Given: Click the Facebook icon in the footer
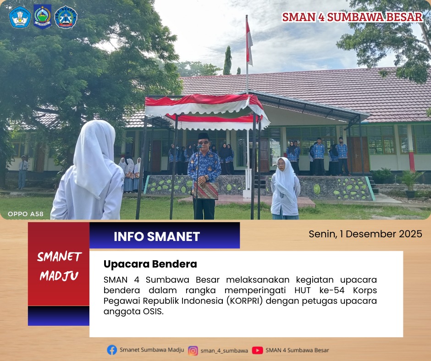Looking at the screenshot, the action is coord(112,350).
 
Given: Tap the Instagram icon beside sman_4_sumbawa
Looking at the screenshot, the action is coord(193,350).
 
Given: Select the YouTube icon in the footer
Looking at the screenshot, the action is coord(257,350).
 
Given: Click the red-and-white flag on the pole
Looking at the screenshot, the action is coord(249,43).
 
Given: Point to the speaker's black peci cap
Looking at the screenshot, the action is coord(204,136).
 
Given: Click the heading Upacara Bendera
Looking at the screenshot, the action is coord(150,264).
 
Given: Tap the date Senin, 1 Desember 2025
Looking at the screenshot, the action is coord(365,234).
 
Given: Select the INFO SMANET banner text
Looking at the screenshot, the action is coord(157,236).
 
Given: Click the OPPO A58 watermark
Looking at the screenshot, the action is coord(26,214).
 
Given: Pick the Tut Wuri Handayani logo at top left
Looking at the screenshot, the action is coord(20,17).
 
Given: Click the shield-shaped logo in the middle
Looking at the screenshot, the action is coord(42,16).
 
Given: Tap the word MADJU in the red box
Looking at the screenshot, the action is coord(59,275).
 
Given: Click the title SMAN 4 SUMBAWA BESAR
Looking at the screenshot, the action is coord(352,17).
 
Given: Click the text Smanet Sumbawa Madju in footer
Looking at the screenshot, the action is coord(152,350).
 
